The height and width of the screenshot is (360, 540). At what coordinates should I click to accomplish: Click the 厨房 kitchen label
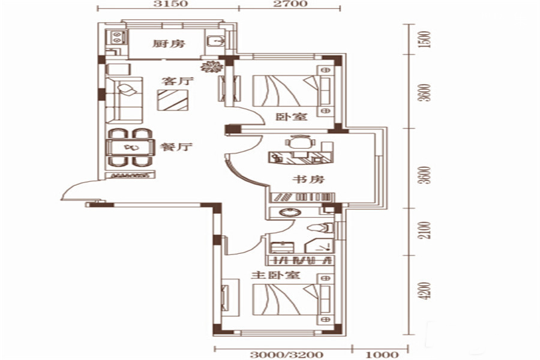point(169,44)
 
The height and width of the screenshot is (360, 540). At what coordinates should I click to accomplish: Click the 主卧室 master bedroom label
point(275,275)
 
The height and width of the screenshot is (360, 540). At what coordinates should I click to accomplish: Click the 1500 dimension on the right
point(426,39)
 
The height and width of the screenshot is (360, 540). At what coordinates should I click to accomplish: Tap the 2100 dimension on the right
point(426,230)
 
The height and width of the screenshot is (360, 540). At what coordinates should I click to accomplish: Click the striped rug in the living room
point(173,100)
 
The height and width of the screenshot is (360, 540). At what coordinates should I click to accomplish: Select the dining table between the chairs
point(130,148)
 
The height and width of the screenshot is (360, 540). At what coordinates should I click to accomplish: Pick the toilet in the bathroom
point(320,227)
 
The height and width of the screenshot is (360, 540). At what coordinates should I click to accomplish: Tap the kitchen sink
point(216,41)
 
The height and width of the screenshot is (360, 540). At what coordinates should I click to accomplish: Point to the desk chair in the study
point(301,141)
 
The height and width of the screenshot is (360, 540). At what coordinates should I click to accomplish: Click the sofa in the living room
point(124,101)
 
